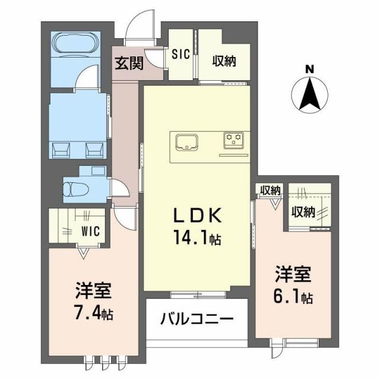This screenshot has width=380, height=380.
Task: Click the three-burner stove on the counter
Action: (x=233, y=140)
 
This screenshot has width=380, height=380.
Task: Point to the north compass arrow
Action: (x=309, y=96)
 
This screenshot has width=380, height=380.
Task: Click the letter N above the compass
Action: (x=309, y=69)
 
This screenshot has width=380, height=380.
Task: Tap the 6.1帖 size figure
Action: (x=293, y=297)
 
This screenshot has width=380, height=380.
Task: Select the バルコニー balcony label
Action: (x=196, y=319)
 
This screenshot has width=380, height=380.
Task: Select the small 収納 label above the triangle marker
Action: (x=270, y=191)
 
